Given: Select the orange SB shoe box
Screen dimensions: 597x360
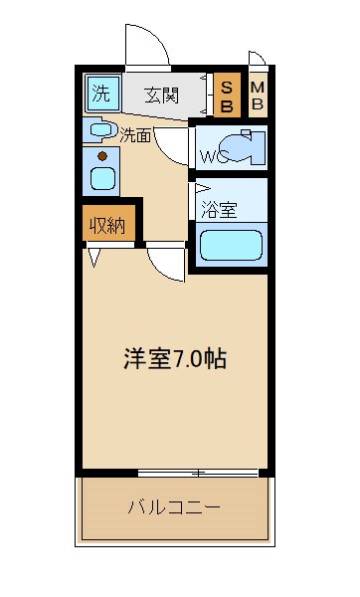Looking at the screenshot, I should point(227,95).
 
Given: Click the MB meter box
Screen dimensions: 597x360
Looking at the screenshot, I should point(257,95).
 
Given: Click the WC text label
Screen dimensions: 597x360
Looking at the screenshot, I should point(213,156).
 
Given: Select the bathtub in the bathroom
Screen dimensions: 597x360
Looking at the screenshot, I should point(231,245).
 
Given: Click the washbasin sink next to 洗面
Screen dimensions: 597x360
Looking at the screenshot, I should point(100,129).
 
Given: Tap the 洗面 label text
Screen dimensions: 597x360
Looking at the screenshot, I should point(135,135).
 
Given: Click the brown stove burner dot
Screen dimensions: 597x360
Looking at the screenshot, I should point(101,154).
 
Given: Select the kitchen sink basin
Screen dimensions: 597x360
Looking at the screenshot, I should point(102,181).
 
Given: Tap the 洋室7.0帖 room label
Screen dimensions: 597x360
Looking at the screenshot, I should point(175,358).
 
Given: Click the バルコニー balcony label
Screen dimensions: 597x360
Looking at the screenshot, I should point(173,507).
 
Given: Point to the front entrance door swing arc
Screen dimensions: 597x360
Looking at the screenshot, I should point(145,45).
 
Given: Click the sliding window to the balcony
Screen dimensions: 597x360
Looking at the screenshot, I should point(199,471).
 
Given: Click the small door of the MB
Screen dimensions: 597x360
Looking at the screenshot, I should point(257,60).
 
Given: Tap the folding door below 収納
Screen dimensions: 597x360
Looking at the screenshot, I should point(95,258).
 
